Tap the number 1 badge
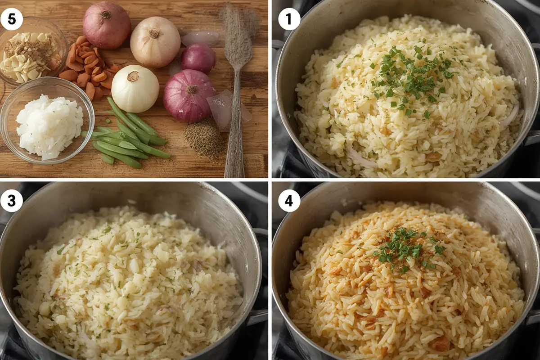[x=289, y=19]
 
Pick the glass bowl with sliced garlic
[x=31, y=49]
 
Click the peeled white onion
[x=135, y=89]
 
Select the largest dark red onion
[x=189, y=95]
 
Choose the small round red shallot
[x=198, y=58]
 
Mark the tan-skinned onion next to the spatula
[x=155, y=41]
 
